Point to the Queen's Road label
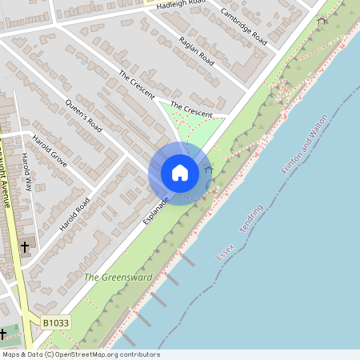pyautogui.click(x=84, y=117)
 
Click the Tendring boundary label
pyautogui.click(x=251, y=218)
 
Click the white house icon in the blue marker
pyautogui.click(x=180, y=173)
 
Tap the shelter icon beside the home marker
pyautogui.click(x=209, y=170)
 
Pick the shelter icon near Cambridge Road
pyautogui.click(x=322, y=22)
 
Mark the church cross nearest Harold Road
pyautogui.click(x=25, y=247)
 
